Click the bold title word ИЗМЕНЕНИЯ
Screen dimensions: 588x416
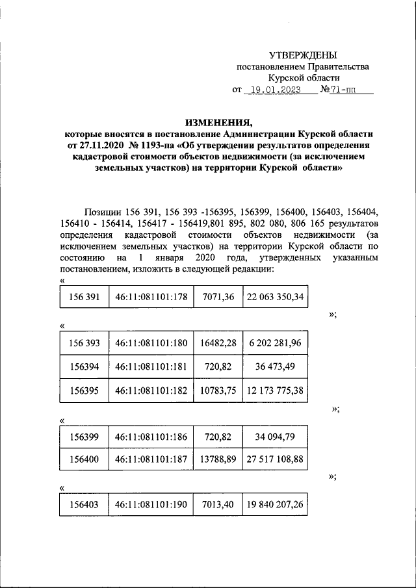click(218, 121)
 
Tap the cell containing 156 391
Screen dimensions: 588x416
click(84, 297)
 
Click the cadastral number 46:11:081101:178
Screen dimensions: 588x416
click(151, 297)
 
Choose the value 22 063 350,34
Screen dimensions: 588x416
click(275, 297)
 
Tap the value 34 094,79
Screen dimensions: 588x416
click(275, 436)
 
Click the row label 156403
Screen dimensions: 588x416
click(84, 505)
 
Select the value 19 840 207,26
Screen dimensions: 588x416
click(275, 505)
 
